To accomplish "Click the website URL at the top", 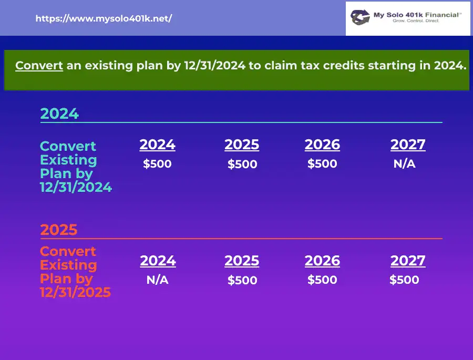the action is point(104,19).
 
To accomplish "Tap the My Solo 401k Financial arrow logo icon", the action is point(360,17).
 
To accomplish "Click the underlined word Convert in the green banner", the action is point(39,66).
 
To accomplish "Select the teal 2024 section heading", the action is point(59,114).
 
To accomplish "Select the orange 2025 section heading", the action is point(59,230).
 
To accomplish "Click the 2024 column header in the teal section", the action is point(158,145).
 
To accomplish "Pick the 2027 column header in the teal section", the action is point(408,145).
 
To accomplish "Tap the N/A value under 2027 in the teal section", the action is point(405,164).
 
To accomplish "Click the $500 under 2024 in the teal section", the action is point(157,164).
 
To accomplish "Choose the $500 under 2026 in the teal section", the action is point(322,164).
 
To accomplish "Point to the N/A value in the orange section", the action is point(158,280).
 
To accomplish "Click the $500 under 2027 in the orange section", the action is point(404,280).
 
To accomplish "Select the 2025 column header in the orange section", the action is point(242,261).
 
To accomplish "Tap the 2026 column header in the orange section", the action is point(322,261).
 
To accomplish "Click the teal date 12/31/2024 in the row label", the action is point(76,188).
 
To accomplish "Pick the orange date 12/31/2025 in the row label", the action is point(75,292).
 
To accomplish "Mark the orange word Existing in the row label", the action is point(68,265).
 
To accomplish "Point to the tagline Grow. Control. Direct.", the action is point(416,21).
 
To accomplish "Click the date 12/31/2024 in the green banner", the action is point(215,66).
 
